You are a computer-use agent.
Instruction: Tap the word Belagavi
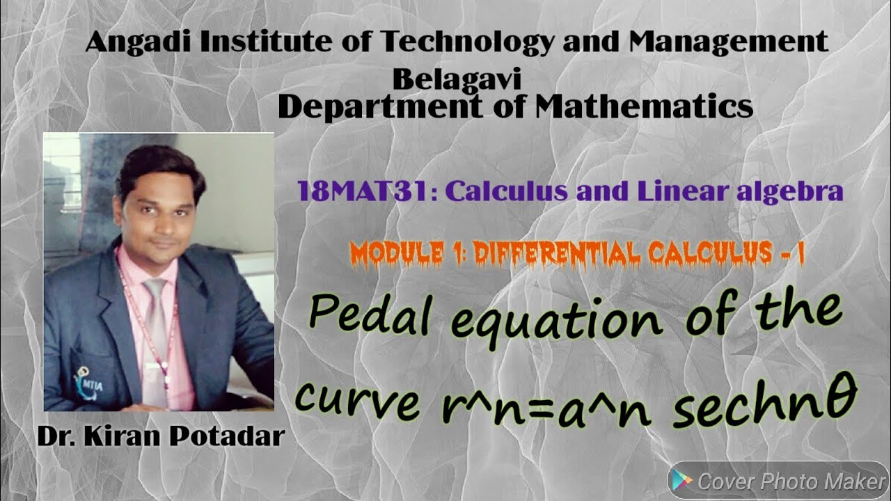pos(457,80)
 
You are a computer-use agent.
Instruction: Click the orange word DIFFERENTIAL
pos(555,255)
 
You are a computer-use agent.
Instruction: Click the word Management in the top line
pos(729,43)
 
